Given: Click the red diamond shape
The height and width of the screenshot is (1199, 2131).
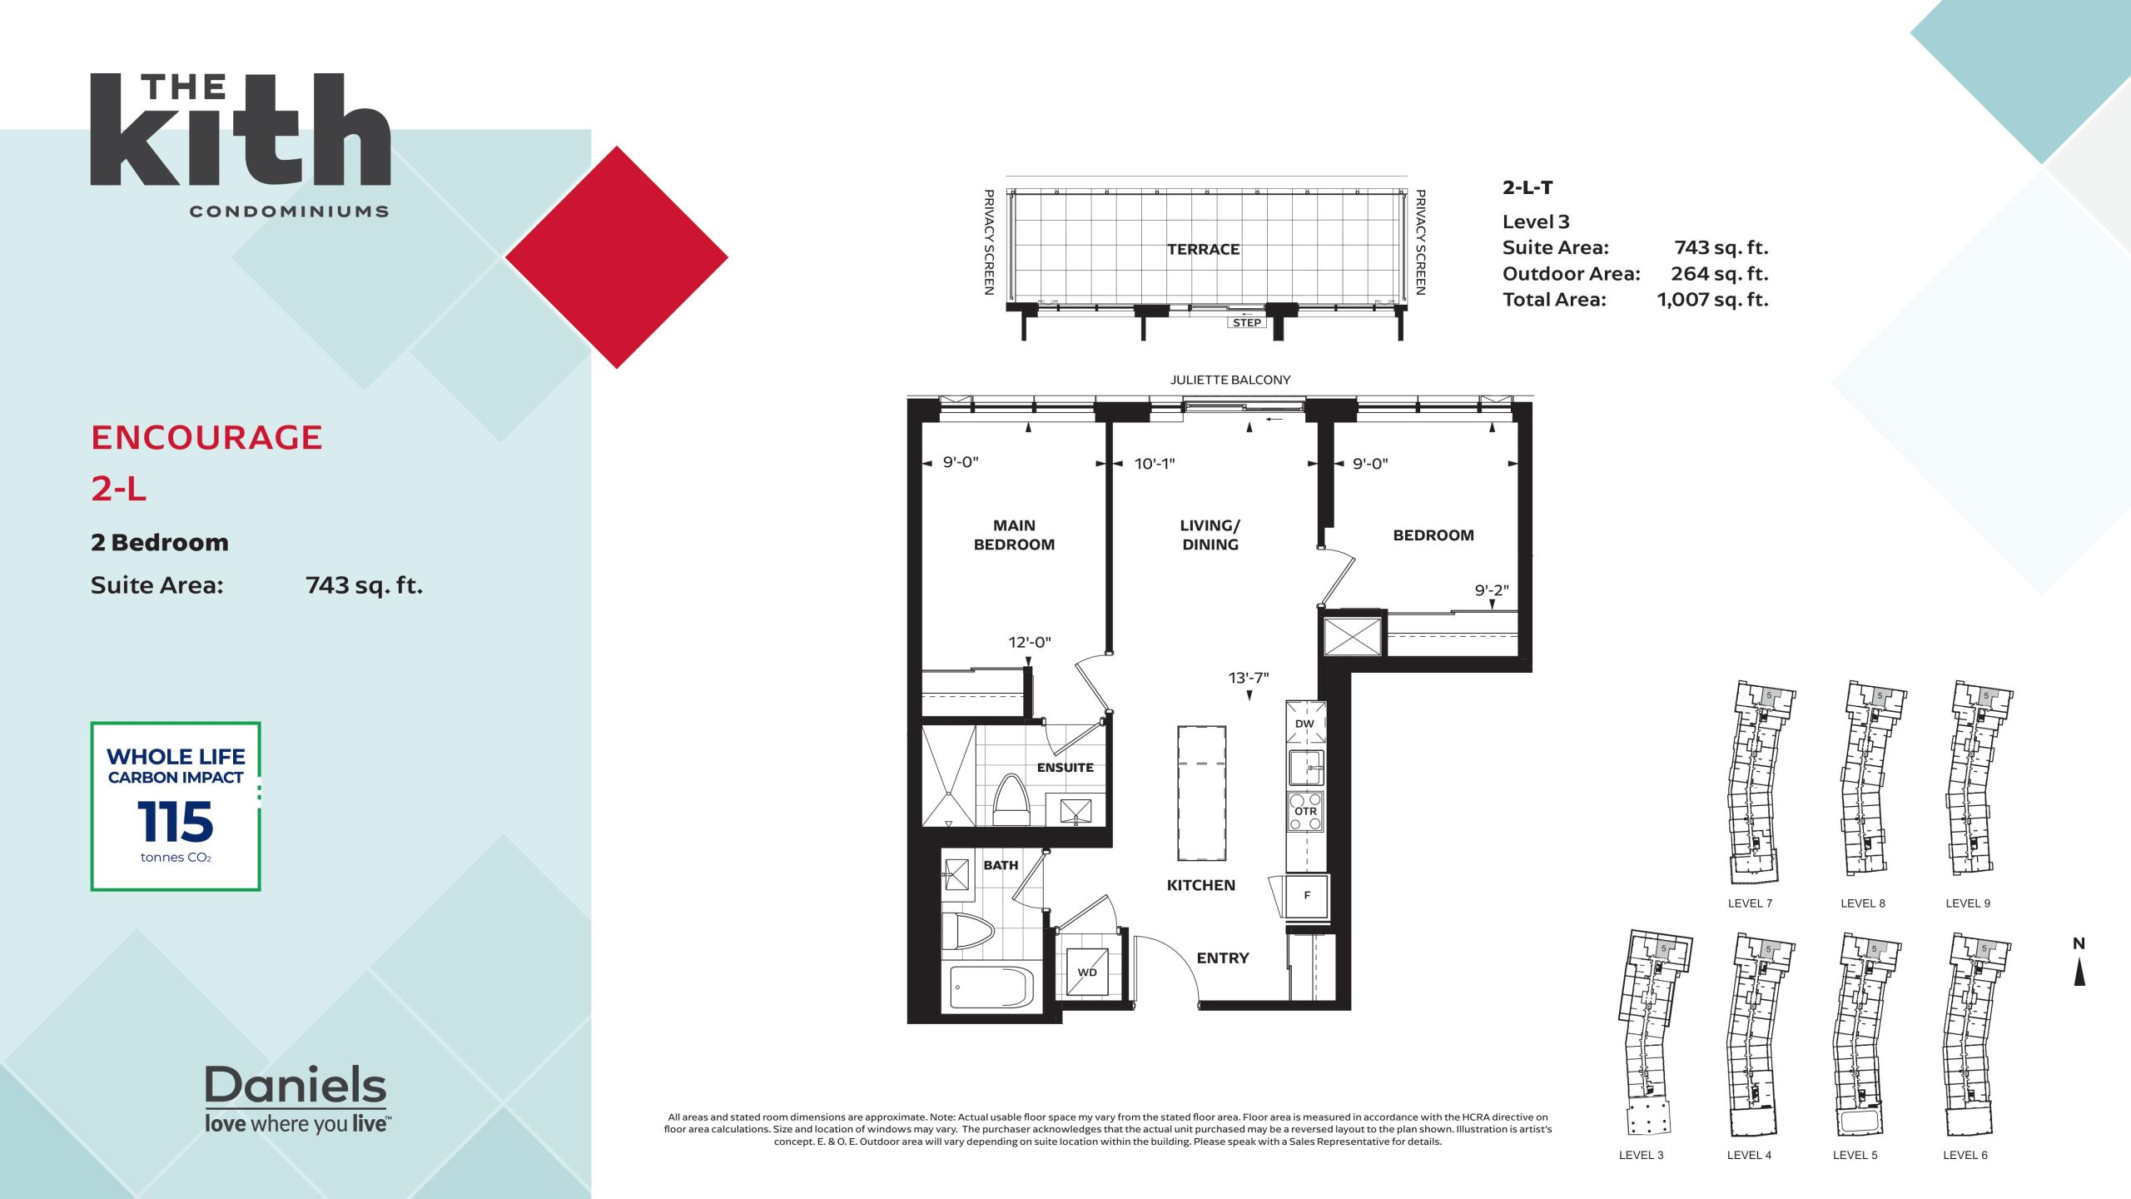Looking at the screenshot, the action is click(x=617, y=257).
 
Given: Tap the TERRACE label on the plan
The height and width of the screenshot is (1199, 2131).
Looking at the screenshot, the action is click(x=1203, y=249).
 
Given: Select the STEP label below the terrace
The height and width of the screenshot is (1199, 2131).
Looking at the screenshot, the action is click(x=1246, y=323).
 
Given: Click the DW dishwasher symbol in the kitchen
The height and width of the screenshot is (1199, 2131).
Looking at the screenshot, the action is click(x=1305, y=723).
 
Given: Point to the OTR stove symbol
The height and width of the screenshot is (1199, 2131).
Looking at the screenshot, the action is click(x=1305, y=811).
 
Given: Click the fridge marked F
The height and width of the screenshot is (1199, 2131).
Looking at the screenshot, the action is click(x=1306, y=896).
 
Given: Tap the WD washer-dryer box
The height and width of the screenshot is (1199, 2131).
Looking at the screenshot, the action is click(x=1087, y=972).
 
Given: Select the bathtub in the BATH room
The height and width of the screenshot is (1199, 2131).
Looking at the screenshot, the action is click(x=991, y=988).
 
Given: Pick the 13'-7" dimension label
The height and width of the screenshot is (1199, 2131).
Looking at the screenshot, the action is click(x=1249, y=678).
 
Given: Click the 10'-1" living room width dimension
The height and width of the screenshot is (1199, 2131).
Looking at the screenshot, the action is click(x=1155, y=464).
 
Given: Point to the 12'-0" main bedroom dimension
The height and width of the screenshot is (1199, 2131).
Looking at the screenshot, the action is click(x=1030, y=642).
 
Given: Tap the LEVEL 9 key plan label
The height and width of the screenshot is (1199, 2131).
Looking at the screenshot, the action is click(x=1968, y=903).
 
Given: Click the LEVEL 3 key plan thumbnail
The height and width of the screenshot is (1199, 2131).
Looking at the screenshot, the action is click(x=1655, y=1032).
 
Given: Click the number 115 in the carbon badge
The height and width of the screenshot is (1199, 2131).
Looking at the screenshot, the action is click(x=176, y=822).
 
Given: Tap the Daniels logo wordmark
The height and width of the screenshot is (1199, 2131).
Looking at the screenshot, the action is click(x=296, y=1085).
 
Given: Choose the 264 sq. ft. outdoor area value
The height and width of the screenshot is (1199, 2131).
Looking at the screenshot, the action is click(x=1720, y=274).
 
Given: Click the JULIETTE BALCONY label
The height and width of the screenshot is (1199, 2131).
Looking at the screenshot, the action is click(x=1230, y=380).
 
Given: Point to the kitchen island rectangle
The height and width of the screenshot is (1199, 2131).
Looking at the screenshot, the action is click(x=1201, y=793).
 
